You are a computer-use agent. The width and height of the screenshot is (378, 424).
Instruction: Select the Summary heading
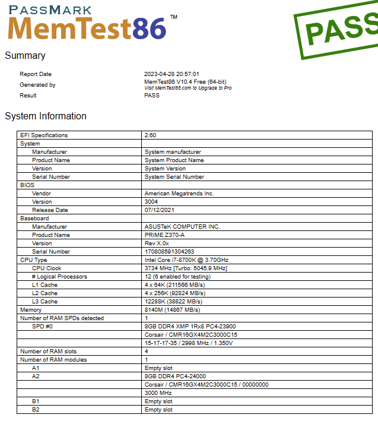click(x=25, y=56)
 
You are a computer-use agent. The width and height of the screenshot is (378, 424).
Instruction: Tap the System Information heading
click(x=46, y=116)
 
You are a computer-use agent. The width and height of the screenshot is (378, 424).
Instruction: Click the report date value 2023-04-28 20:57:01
click(x=171, y=74)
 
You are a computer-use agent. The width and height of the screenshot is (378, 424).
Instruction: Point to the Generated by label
click(x=37, y=85)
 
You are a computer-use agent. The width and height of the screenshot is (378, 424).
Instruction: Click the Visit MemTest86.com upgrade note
click(x=188, y=88)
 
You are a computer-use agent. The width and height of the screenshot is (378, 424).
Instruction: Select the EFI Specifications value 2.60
click(x=151, y=135)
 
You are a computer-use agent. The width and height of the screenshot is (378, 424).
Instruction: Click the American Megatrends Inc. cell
click(x=179, y=194)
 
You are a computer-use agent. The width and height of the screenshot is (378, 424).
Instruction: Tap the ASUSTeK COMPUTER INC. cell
click(x=182, y=227)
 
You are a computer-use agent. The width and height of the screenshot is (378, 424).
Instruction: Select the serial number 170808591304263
click(x=169, y=252)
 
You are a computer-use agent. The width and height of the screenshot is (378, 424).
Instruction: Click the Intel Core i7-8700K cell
click(x=186, y=260)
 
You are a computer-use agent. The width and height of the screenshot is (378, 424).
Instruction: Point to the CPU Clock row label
click(x=47, y=268)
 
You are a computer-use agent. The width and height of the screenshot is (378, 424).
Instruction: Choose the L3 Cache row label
click(x=45, y=302)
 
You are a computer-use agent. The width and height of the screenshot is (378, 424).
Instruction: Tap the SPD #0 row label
click(x=43, y=327)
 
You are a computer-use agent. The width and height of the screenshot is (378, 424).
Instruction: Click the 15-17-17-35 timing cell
click(x=189, y=343)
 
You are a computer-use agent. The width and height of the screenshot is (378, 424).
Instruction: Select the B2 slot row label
click(x=36, y=410)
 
